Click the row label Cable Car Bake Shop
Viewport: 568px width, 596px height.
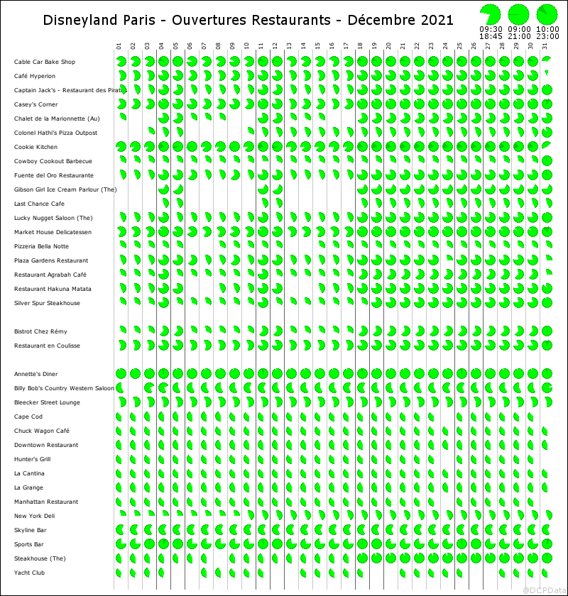coord(44,62)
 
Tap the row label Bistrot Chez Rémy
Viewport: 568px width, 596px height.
coord(40,331)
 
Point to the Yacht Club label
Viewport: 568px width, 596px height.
coord(29,573)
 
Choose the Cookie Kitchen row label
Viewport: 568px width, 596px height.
coord(36,147)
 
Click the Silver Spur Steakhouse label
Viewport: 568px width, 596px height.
coord(47,303)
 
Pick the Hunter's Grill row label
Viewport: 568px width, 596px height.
coord(33,459)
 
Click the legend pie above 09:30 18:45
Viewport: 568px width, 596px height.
coord(491,13)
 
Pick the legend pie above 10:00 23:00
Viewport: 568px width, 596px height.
coord(547,13)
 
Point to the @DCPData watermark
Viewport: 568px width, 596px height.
coord(543,590)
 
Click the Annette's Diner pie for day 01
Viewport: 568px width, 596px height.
coord(121,374)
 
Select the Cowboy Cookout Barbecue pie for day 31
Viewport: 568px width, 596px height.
coord(547,161)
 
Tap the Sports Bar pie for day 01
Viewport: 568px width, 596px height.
coord(121,544)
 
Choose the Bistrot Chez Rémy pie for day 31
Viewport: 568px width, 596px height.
coord(547,331)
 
